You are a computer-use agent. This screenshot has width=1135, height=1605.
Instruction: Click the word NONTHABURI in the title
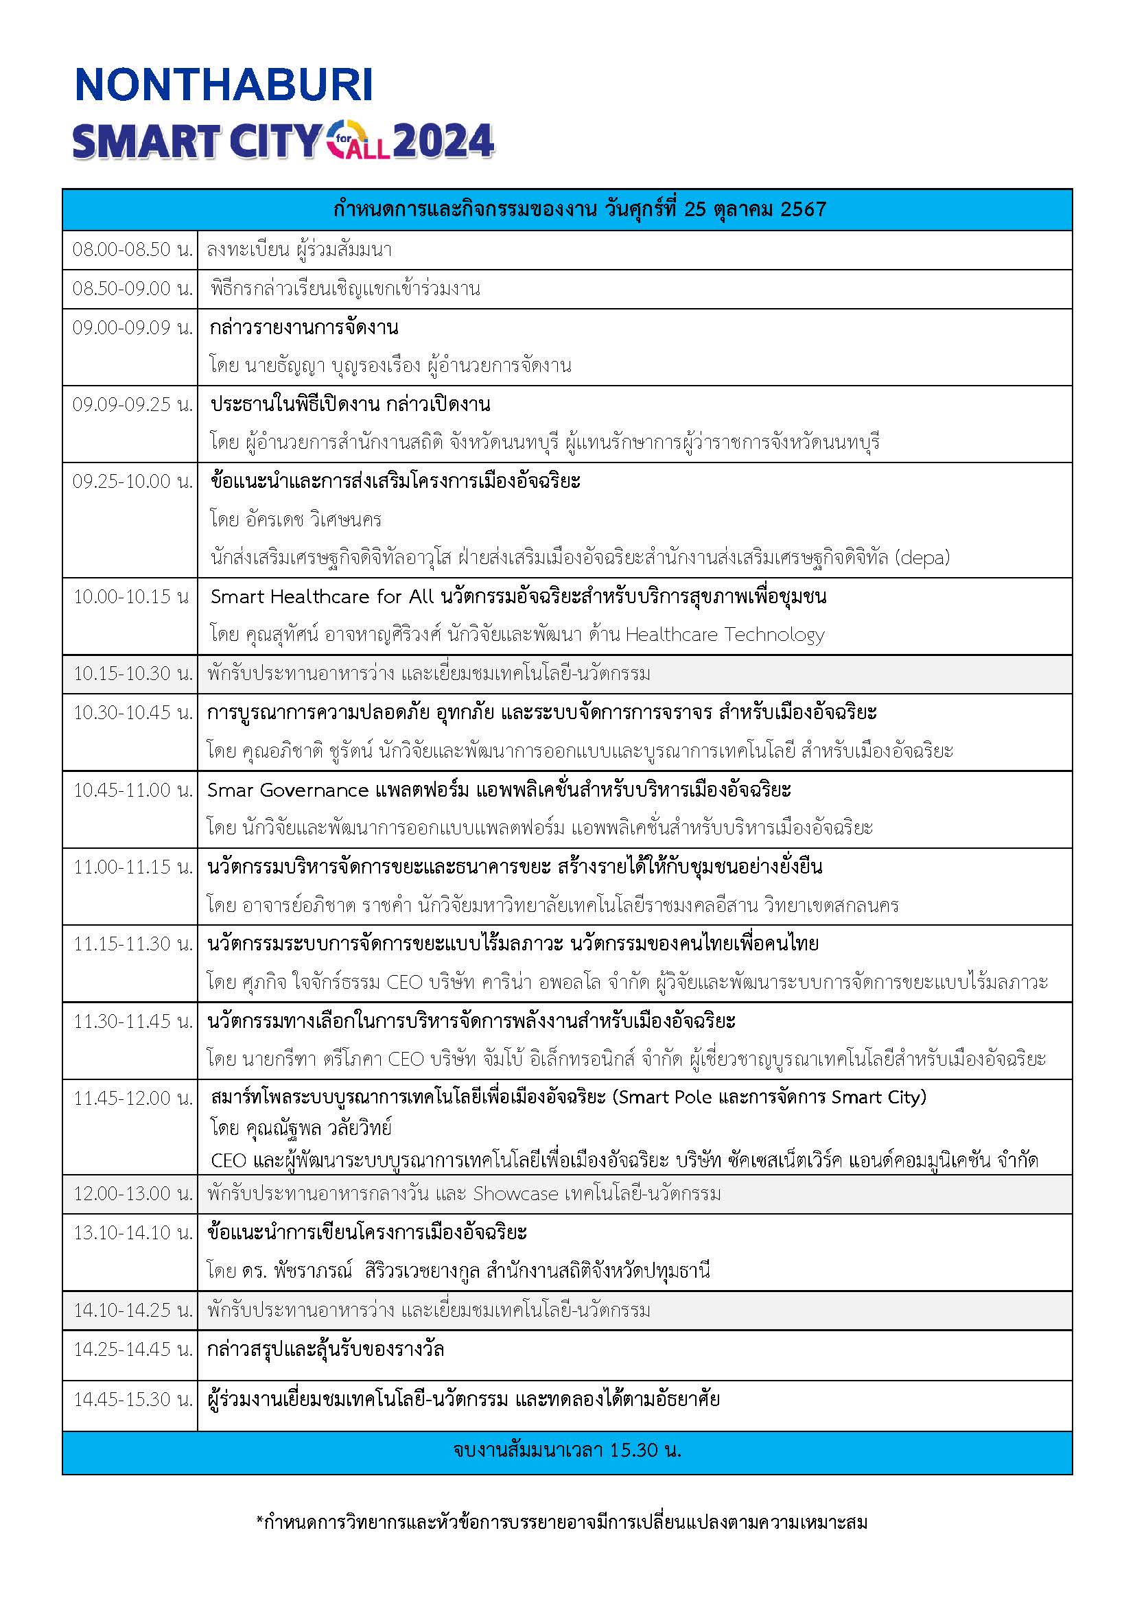224,85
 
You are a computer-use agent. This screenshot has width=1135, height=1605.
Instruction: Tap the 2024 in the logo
444,142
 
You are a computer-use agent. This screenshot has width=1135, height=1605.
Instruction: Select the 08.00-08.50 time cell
132,250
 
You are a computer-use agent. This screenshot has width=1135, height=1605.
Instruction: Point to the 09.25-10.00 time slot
132,481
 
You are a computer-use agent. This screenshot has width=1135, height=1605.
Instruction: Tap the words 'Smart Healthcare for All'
323,596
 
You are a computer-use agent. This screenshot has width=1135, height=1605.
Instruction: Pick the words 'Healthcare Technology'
725,634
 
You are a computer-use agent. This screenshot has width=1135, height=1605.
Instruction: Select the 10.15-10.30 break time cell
132,673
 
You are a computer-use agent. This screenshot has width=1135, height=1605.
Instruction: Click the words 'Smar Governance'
288,790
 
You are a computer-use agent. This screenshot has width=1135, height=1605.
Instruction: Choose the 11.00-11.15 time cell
132,867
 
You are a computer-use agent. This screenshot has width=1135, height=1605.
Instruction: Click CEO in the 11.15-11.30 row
405,982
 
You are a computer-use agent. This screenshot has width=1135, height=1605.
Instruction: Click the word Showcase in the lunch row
516,1193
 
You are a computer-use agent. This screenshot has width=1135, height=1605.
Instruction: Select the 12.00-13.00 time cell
132,1193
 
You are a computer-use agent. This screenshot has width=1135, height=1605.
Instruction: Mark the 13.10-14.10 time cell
132,1232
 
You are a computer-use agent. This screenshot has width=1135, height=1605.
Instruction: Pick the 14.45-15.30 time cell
132,1398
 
